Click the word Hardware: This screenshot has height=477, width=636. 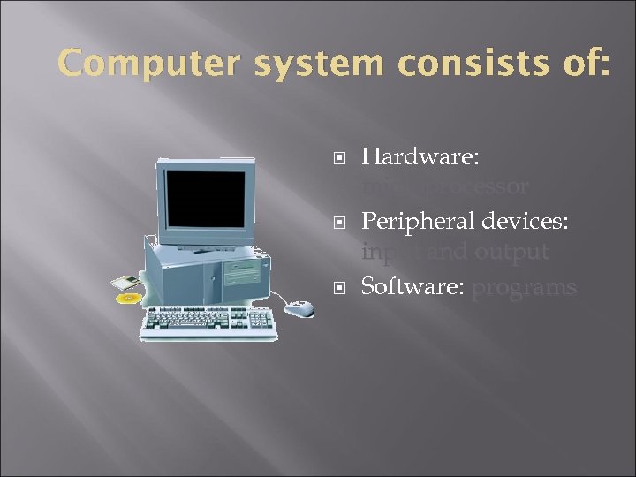pos(421,157)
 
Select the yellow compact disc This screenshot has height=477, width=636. pos(129,299)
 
